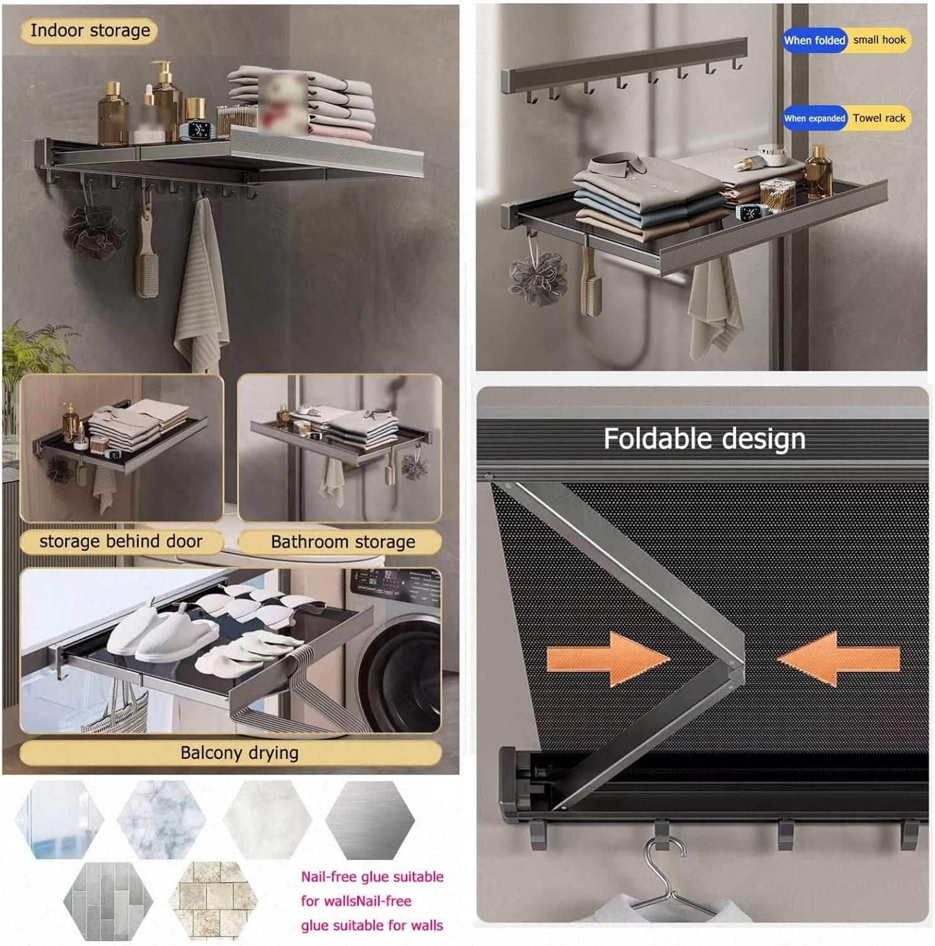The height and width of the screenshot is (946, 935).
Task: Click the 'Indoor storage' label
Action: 90,31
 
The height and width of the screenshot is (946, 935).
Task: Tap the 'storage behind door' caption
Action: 120,542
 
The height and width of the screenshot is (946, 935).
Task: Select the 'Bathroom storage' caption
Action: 342,542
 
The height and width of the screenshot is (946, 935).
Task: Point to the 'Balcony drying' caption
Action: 239,753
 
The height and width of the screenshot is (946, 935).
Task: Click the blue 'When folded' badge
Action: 814,40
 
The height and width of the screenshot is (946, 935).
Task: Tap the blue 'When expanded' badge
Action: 814,119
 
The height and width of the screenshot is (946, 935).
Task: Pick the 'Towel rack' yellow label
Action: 879,119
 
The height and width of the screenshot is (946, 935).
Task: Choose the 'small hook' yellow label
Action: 879,40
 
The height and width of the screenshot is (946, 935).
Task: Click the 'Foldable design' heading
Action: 704,439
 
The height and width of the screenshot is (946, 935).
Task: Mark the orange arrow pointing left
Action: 839,659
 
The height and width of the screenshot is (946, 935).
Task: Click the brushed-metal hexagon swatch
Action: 370,820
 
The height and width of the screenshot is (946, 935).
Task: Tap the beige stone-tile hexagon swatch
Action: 214,901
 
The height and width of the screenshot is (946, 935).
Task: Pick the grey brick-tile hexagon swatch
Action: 108,901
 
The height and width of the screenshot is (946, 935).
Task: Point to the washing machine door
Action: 404,669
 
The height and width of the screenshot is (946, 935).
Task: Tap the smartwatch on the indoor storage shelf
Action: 199,130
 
